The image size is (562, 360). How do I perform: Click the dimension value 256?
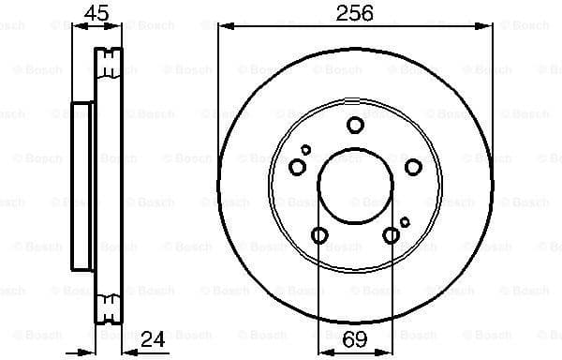pos(355,13)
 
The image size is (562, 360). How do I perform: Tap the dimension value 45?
pos(96,13)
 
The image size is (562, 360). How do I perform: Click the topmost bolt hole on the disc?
pos(355,125)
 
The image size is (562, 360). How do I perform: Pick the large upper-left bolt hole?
pos(298,167)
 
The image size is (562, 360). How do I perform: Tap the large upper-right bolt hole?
pos(413,167)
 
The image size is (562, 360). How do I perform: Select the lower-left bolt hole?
pos(319,235)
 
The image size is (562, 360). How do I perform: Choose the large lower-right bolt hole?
pos(391,235)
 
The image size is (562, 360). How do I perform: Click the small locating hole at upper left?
pos(306,149)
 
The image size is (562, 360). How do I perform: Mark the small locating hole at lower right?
pos(405,221)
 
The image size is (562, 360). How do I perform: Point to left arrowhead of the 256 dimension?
pos(223,25)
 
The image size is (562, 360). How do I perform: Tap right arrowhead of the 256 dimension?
pos(488,25)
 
